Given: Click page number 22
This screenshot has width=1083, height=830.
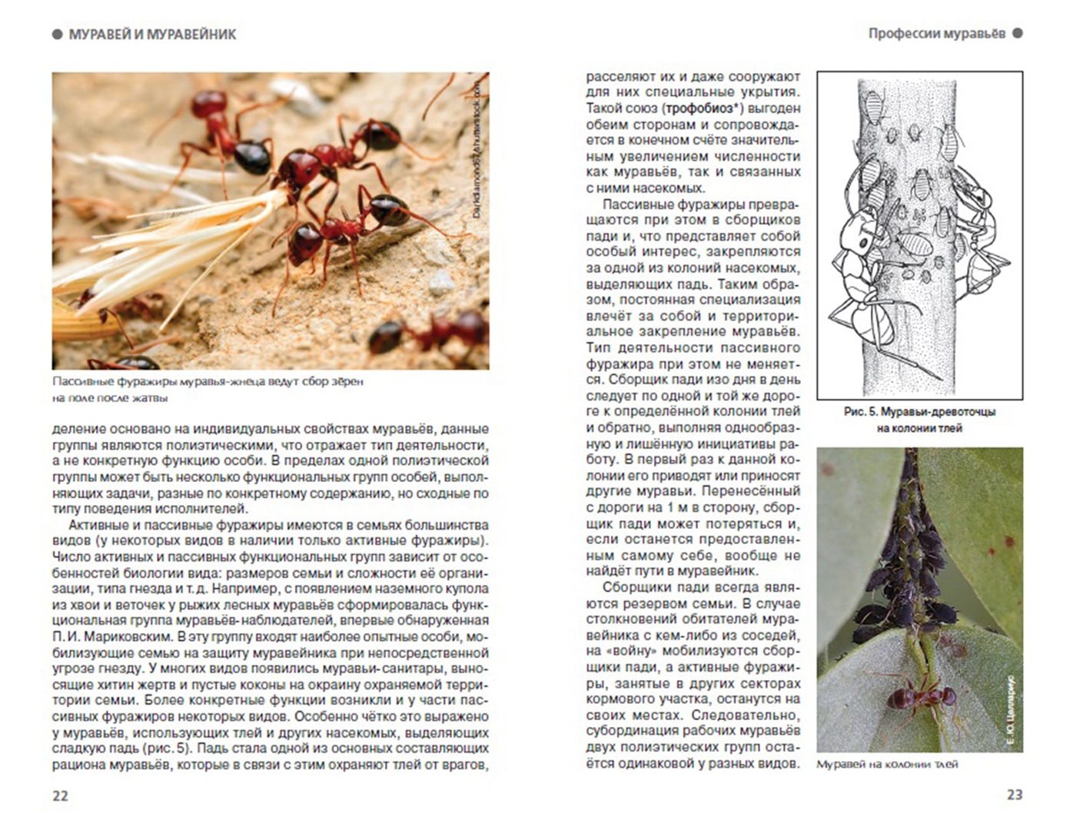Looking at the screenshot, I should point(61,795).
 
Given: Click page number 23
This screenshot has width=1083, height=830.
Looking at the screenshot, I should point(1014,795).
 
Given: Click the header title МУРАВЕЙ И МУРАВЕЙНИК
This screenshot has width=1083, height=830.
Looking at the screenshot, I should point(152,35).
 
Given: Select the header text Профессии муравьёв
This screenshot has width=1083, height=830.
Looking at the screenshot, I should point(936,34).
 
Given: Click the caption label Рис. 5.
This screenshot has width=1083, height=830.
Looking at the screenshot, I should point(859,412).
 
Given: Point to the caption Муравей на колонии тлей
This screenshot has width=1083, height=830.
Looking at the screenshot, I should point(887,764).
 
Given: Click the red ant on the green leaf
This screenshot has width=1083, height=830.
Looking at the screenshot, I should point(919,696).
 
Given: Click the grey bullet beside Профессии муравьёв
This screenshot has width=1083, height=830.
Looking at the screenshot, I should point(1018,34).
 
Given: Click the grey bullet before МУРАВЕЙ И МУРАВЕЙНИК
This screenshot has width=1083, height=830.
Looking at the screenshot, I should point(58,35).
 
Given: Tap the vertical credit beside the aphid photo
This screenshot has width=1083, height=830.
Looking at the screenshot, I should point(1010,712).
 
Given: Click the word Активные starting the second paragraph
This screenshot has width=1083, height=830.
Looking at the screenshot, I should point(96,525).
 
